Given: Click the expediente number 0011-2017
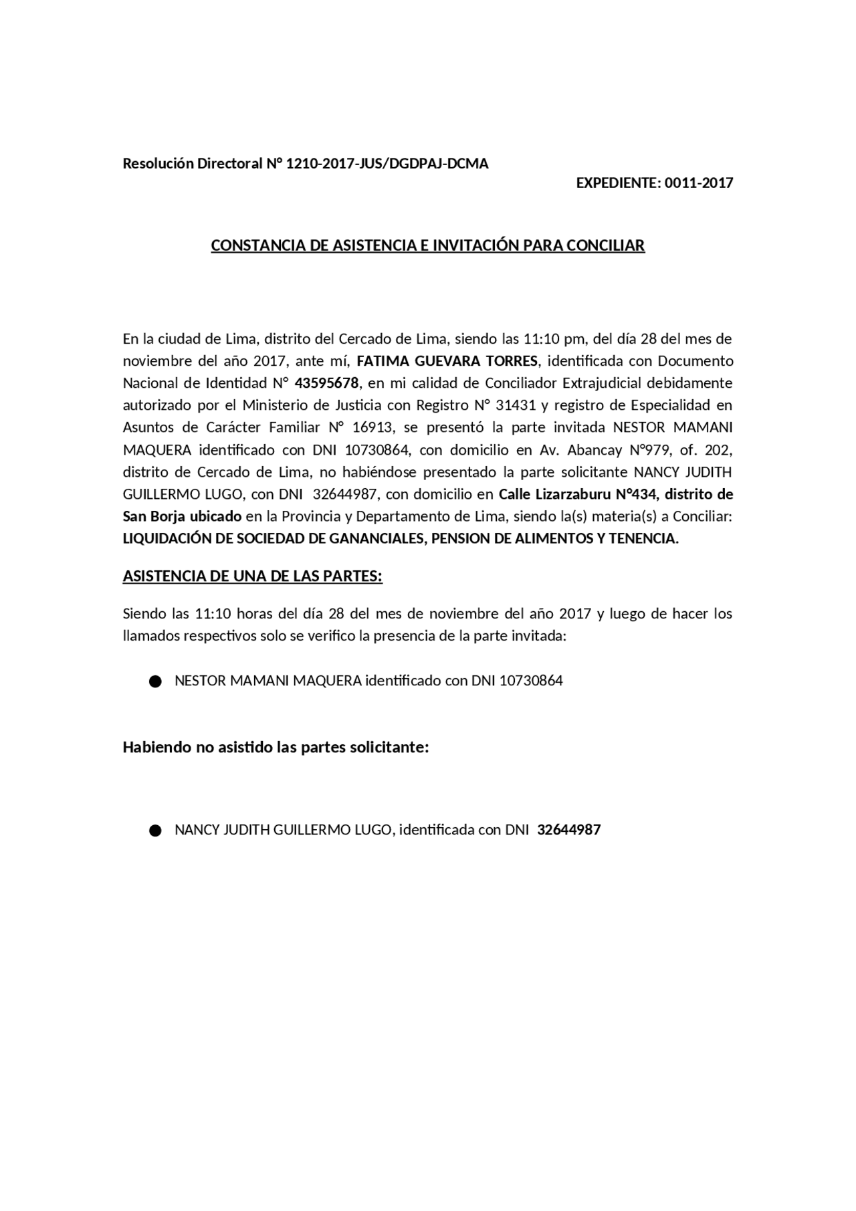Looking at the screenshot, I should click(x=699, y=183).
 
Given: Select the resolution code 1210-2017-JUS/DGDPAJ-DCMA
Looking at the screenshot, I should click(x=387, y=164).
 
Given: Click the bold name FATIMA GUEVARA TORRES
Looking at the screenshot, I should click(x=447, y=361).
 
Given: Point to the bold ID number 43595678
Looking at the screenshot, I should click(x=326, y=383).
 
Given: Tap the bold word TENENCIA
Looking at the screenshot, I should click(x=643, y=538).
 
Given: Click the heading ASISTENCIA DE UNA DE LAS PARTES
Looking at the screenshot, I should click(x=252, y=576).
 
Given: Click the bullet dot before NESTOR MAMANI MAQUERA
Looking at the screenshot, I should click(x=155, y=681).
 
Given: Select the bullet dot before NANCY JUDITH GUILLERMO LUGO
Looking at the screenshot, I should click(x=155, y=831).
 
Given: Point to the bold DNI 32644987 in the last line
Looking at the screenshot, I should click(x=568, y=830).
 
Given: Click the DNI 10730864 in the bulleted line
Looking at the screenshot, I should click(x=531, y=681).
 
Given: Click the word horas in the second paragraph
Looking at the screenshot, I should click(x=254, y=614).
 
